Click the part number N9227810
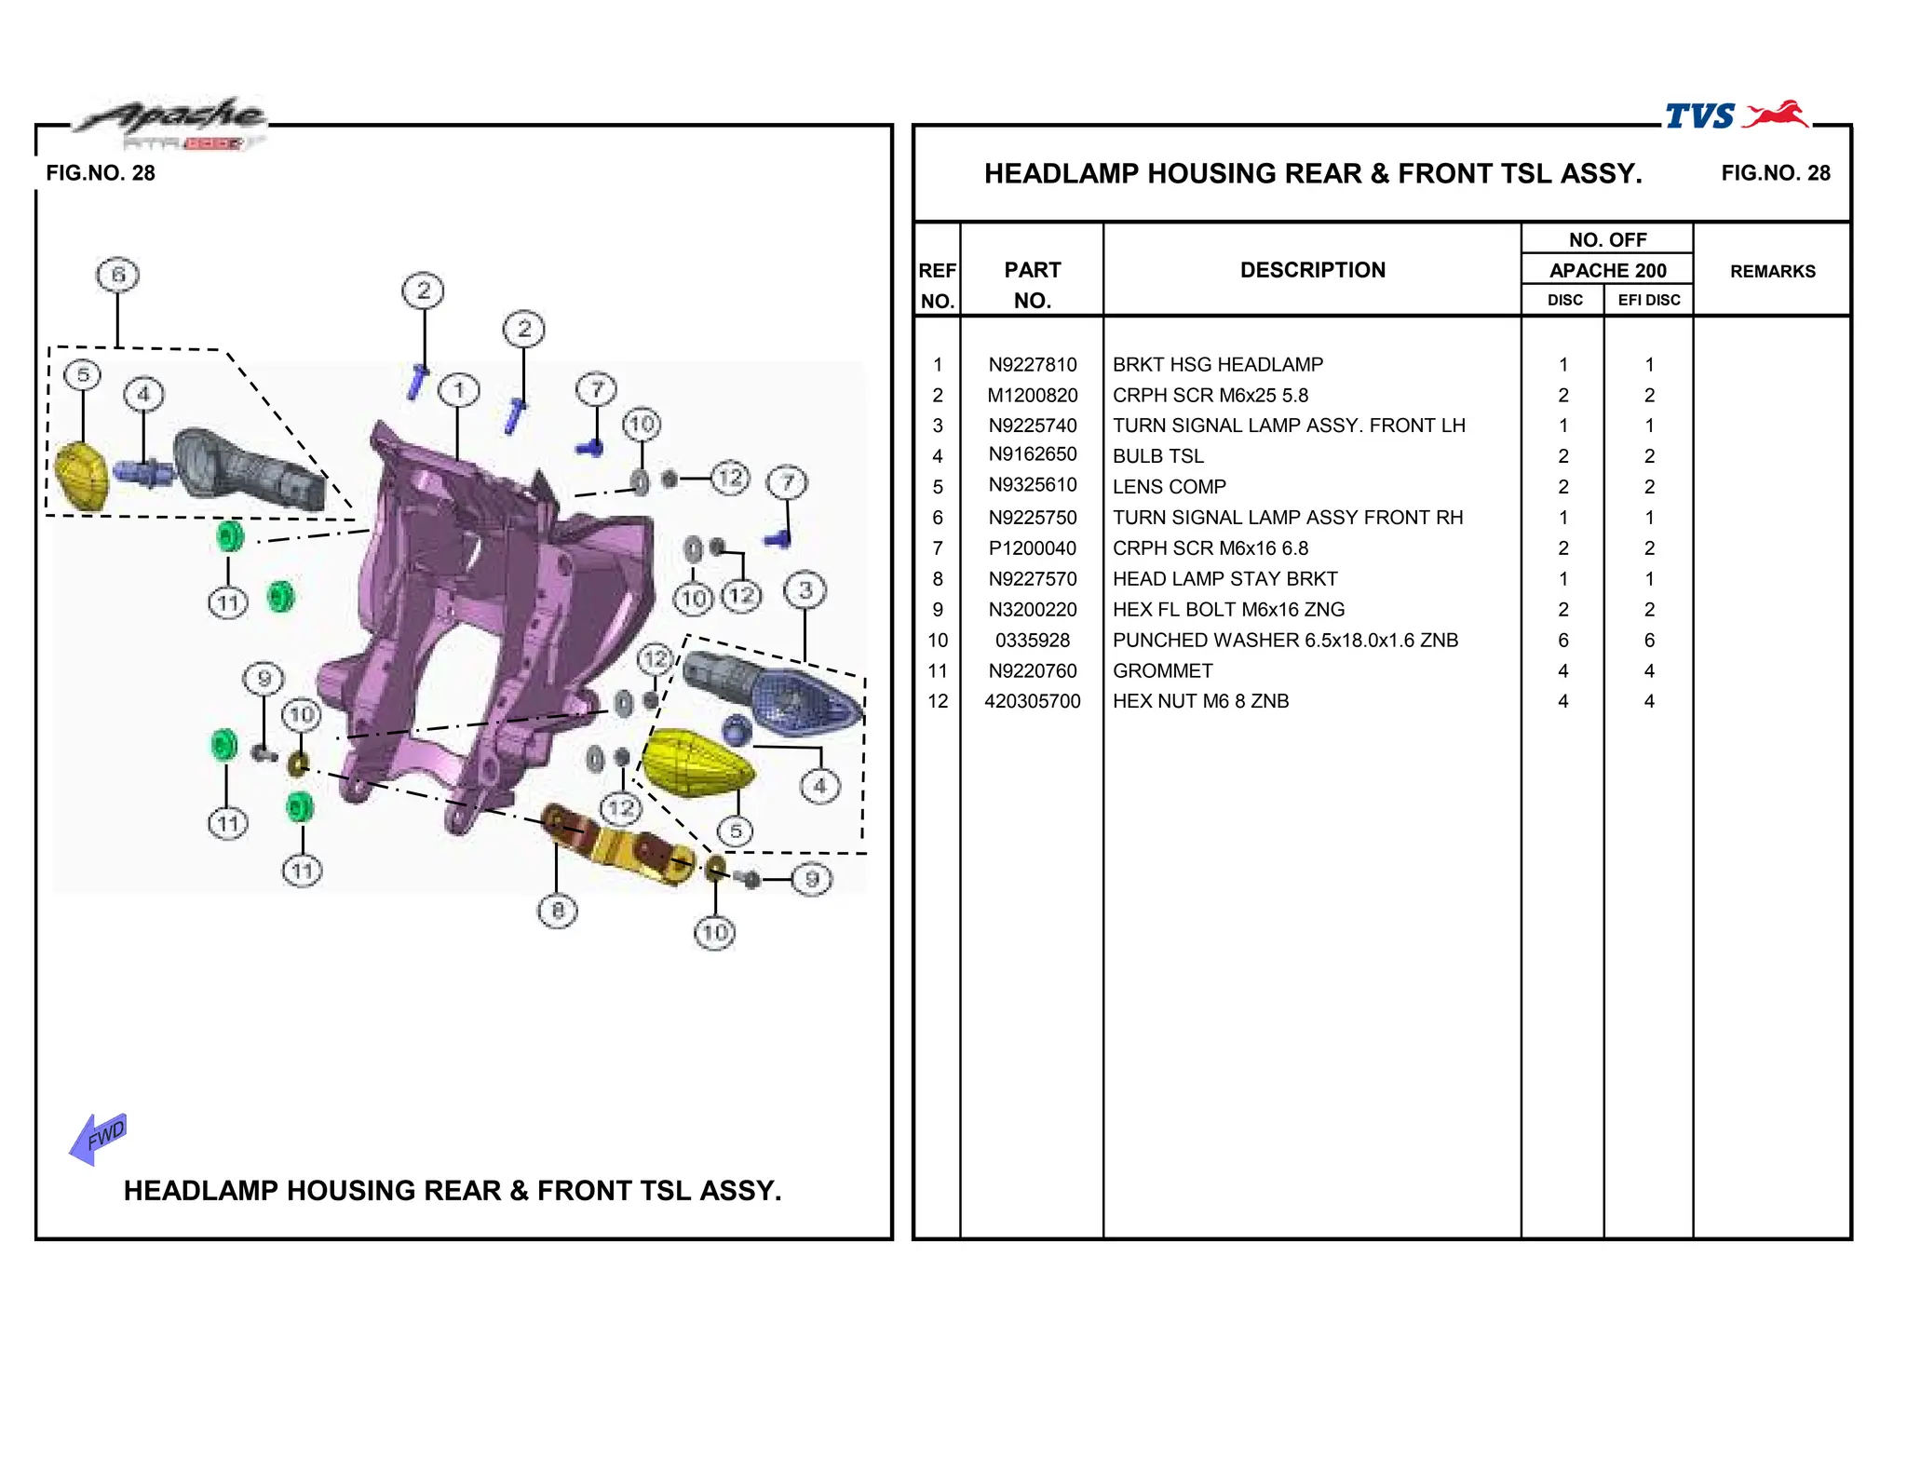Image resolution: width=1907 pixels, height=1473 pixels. tap(1032, 365)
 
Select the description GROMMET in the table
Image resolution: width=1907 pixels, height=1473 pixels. tap(1162, 671)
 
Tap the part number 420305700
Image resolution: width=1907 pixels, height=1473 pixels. tap(1032, 701)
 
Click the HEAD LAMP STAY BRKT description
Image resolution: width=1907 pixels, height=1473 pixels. tap(1224, 579)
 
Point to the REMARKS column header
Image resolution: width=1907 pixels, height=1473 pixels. tap(1772, 271)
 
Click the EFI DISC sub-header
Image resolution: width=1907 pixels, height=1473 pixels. tap(1648, 300)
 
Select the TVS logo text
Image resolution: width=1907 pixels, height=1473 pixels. tap(1700, 116)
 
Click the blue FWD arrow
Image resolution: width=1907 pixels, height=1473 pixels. tap(98, 1138)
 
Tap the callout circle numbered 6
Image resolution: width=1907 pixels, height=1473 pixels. tap(117, 276)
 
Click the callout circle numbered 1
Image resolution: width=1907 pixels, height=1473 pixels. tap(458, 390)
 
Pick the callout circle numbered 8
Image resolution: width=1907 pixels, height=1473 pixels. tap(557, 911)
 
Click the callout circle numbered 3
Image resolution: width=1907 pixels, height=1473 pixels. tap(805, 590)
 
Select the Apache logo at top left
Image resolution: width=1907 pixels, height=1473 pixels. tap(172, 119)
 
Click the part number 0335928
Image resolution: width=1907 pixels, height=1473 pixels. tap(1032, 641)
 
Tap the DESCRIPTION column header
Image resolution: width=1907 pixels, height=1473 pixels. tap(1312, 270)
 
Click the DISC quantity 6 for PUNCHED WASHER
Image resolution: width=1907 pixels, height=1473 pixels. tap(1562, 641)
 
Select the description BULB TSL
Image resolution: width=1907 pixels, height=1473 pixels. tap(1157, 456)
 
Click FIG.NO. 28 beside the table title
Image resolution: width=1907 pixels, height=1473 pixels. tap(1775, 173)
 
